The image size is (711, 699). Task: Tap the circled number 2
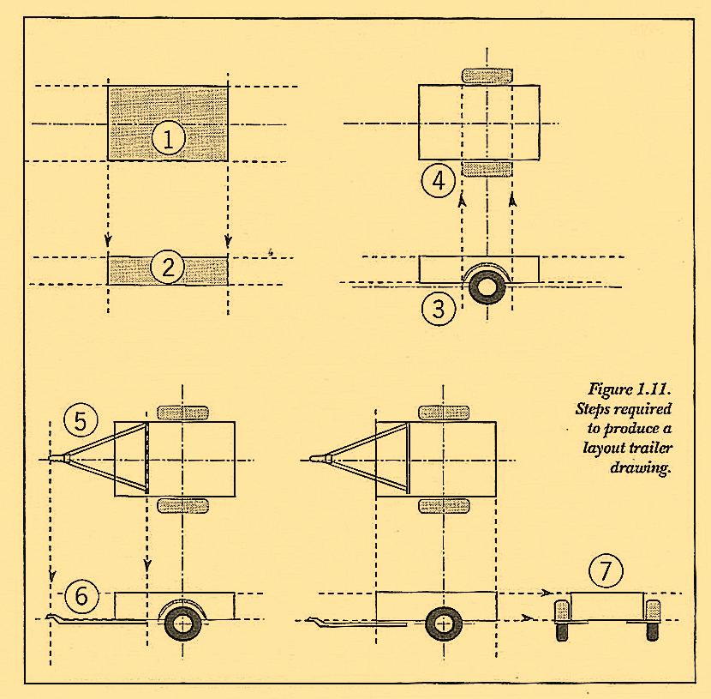(x=168, y=269)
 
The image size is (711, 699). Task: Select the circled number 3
(x=439, y=309)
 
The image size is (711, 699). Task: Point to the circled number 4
(x=439, y=181)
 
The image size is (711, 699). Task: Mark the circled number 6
(x=82, y=595)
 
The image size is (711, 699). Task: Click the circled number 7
(x=606, y=571)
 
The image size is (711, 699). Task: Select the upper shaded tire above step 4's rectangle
(x=487, y=75)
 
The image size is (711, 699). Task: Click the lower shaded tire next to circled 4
(x=487, y=168)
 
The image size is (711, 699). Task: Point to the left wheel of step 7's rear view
(x=563, y=620)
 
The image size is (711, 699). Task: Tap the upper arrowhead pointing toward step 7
(x=545, y=593)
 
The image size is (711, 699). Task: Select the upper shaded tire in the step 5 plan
(x=182, y=413)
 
